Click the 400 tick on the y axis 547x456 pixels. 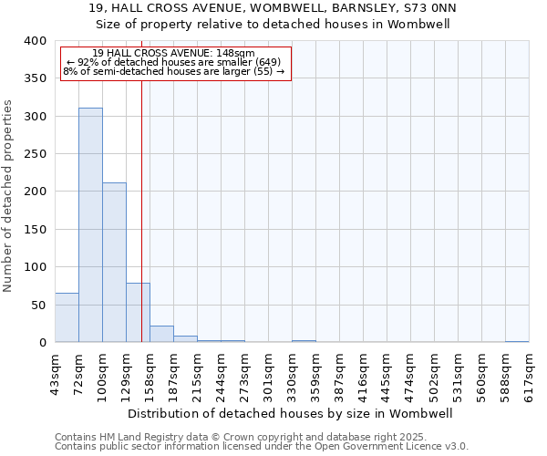36,42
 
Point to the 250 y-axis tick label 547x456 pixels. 36,154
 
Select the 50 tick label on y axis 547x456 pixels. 39,305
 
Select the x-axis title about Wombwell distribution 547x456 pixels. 292,413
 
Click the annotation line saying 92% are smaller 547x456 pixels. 175,62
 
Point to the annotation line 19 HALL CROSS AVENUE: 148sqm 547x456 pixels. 174,53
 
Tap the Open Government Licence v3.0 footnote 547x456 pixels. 262,446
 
